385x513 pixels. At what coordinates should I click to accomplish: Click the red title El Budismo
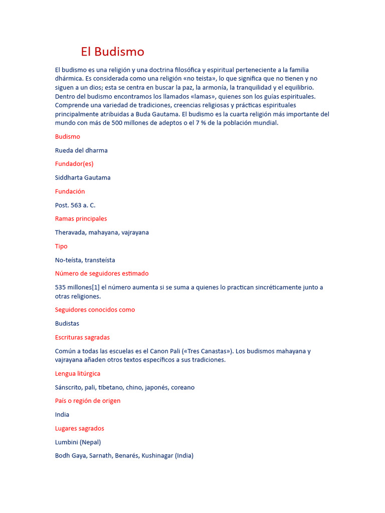pyautogui.click(x=112, y=52)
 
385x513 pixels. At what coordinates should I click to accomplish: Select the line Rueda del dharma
pyautogui.click(x=81, y=150)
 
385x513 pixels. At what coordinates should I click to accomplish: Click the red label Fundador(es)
pyautogui.click(x=74, y=164)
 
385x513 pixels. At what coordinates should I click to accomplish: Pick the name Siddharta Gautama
pyautogui.click(x=83, y=178)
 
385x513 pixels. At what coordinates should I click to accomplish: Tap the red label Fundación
pyautogui.click(x=70, y=191)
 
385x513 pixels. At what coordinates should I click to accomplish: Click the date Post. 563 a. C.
pyautogui.click(x=75, y=205)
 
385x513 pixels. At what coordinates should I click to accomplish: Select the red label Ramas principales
pyautogui.click(x=81, y=219)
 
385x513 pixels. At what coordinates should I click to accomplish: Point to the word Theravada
pyautogui.click(x=70, y=232)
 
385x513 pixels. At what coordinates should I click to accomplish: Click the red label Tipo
pyautogui.click(x=61, y=246)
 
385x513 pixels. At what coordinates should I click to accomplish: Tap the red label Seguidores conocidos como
pyautogui.click(x=95, y=310)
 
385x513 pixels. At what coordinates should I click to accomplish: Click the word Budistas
pyautogui.click(x=67, y=324)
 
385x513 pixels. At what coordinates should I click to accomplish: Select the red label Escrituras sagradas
pyautogui.click(x=82, y=338)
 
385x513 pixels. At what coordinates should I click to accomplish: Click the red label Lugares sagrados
pyautogui.click(x=80, y=429)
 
